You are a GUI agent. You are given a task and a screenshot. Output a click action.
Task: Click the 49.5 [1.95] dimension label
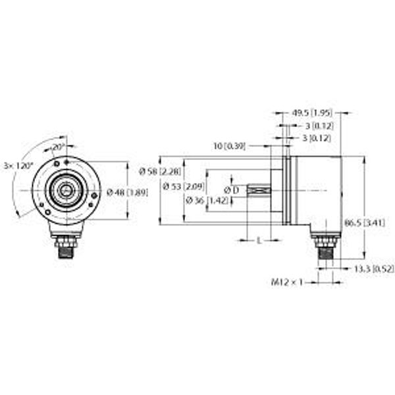(311, 113)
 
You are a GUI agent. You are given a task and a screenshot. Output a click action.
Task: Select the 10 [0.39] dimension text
(230, 145)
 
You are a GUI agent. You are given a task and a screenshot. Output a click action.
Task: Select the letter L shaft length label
(259, 241)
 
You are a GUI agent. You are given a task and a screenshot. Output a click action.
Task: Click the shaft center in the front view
(65, 192)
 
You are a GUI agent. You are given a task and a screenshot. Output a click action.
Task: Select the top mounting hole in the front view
(65, 159)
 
